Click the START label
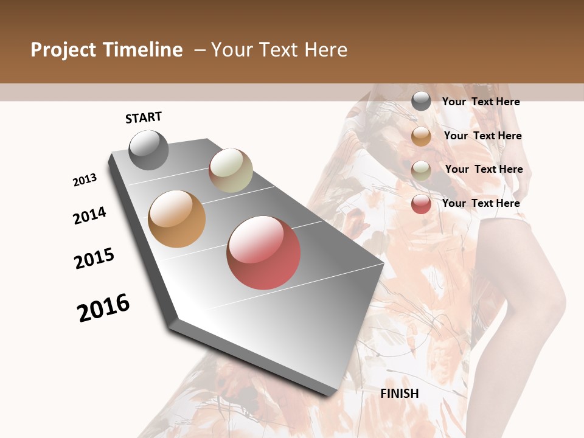click(x=144, y=117)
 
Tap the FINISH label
click(x=399, y=394)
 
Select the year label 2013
click(x=85, y=180)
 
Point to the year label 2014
click(x=89, y=215)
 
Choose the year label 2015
click(x=94, y=259)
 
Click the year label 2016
click(x=103, y=307)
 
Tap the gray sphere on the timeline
click(x=148, y=150)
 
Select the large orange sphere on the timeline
click(x=176, y=219)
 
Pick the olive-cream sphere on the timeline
click(x=231, y=170)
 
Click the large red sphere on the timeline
click(x=263, y=252)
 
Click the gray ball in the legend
click(x=421, y=102)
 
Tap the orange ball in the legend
click(x=421, y=136)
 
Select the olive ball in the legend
click(x=421, y=170)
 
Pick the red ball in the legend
click(x=421, y=204)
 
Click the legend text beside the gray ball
click(x=481, y=102)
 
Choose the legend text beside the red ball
click(x=481, y=203)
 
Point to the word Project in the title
click(x=63, y=50)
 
